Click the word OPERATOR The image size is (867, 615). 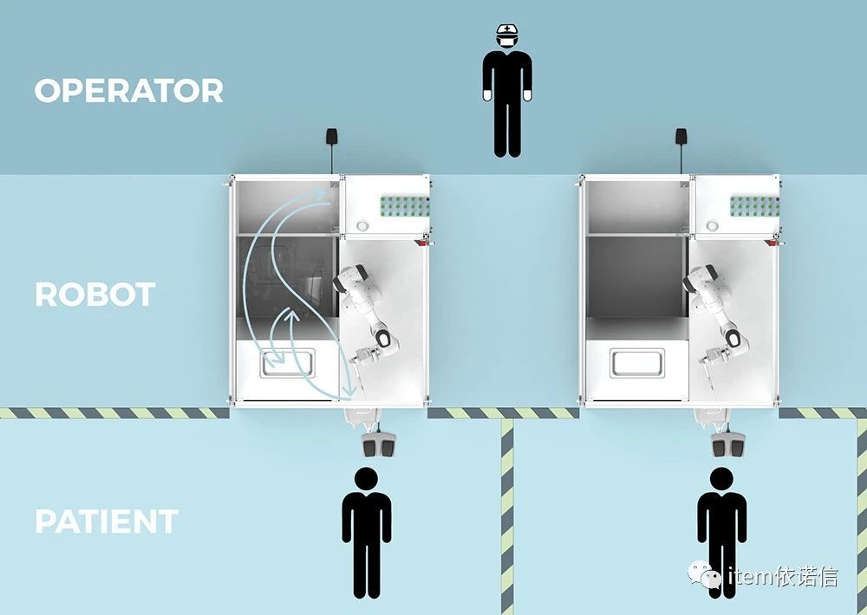[x=129, y=91]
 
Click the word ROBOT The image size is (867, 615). [x=95, y=295]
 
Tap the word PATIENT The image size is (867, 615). [x=107, y=521]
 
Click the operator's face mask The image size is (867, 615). [x=507, y=41]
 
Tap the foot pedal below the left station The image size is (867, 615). [x=377, y=443]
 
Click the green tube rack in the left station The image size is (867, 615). [x=405, y=205]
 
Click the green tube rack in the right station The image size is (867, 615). [x=755, y=205]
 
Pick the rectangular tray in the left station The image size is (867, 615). [x=287, y=363]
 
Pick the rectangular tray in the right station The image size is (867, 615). [x=637, y=363]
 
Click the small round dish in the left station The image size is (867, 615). [x=362, y=225]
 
